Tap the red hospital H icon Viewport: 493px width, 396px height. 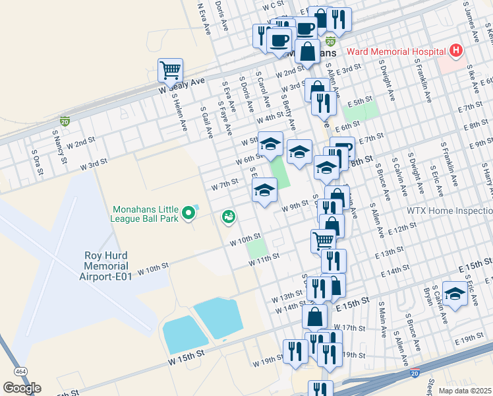pos(455,51)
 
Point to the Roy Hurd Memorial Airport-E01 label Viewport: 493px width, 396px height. pos(107,266)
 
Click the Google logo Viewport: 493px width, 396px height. pos(22,388)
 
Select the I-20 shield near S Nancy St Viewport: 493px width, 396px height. pos(65,121)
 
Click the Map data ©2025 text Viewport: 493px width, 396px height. pos(465,391)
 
